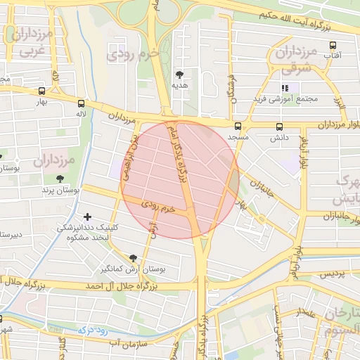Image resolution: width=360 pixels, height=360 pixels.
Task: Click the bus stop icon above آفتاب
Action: pyautogui.click(x=333, y=44)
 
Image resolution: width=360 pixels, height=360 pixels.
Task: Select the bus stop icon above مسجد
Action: pyautogui.click(x=238, y=127)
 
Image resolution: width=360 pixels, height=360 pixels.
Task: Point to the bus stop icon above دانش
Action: pyautogui.click(x=279, y=127)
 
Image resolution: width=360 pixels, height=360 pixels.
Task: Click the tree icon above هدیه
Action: pyautogui.click(x=181, y=74)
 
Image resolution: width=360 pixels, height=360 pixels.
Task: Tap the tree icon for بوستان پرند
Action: pyautogui.click(x=59, y=179)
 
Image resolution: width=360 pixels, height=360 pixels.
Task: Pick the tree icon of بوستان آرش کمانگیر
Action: pyautogui.click(x=133, y=258)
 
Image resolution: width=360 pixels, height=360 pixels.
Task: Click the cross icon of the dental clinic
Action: pyautogui.click(x=86, y=217)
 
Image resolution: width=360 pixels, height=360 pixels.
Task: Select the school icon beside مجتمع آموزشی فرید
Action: pyautogui.click(x=285, y=88)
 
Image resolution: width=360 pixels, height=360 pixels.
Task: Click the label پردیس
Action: pyautogui.click(x=333, y=274)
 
